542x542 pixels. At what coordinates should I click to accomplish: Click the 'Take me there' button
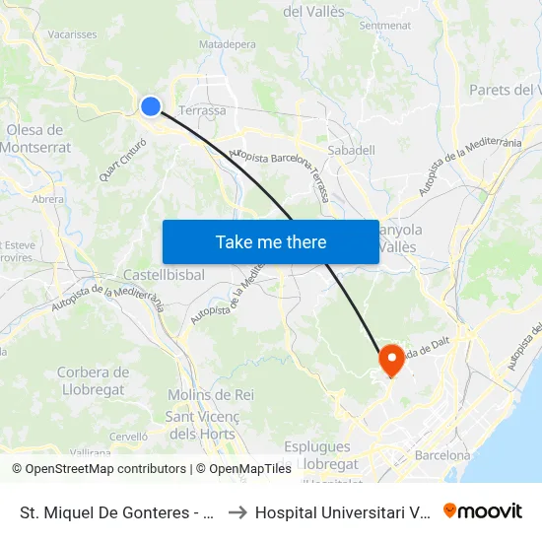point(271,241)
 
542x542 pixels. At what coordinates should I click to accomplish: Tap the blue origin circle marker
point(151,106)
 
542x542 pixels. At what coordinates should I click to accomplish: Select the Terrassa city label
point(202,110)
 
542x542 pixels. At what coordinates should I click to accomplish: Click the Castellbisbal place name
point(165,275)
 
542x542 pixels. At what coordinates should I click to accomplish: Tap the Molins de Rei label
point(211,394)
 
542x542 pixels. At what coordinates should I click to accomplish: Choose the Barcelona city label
point(442,455)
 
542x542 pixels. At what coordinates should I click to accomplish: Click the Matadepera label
point(228,44)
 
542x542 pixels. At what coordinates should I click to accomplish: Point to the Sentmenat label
point(384,25)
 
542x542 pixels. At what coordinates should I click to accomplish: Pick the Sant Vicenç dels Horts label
point(201,425)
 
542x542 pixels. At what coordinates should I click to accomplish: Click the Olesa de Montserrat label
point(36,139)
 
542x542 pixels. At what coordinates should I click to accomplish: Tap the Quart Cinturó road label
point(123,160)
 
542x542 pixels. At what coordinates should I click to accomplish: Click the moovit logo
point(483,510)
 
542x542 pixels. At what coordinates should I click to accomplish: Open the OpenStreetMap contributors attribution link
point(105,469)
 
